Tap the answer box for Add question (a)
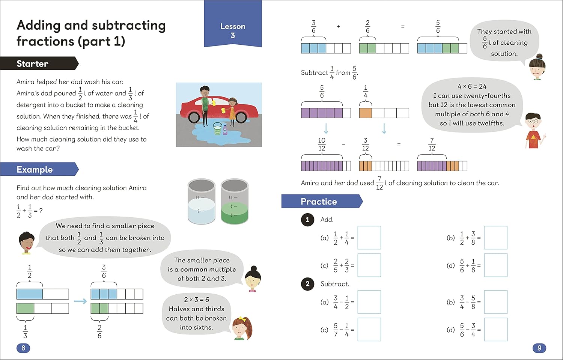369,238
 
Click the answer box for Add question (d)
495,265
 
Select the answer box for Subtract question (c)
369,330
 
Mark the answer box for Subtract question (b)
495,302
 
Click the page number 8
23,348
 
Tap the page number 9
539,348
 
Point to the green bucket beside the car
218,128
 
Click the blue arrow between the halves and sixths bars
80,301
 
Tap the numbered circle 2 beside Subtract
307,284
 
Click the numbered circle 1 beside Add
307,220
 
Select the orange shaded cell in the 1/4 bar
366,113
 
